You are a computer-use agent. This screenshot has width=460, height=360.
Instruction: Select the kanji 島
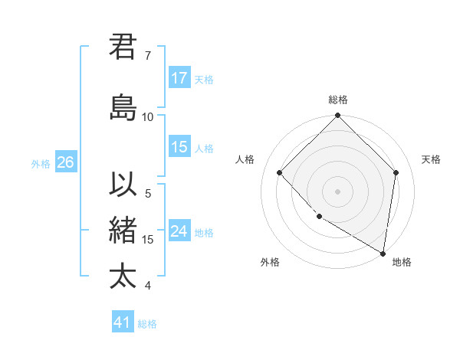click(123, 107)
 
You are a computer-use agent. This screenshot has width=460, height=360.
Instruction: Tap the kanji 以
click(123, 186)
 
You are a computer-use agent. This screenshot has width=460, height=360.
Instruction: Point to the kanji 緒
click(123, 231)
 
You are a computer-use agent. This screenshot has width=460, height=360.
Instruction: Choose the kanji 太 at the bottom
click(123, 276)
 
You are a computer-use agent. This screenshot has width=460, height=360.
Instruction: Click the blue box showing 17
click(179, 78)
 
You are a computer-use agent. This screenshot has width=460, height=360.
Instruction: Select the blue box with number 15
click(179, 148)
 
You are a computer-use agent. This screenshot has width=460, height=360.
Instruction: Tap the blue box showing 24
click(179, 231)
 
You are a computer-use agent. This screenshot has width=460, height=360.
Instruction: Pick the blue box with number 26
click(65, 162)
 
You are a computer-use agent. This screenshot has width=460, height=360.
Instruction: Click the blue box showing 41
click(123, 322)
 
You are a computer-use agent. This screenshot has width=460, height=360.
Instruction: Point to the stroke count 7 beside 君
click(148, 56)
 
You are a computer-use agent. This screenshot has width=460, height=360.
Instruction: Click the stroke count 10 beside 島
click(148, 117)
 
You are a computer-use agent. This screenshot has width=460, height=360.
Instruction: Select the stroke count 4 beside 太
click(148, 286)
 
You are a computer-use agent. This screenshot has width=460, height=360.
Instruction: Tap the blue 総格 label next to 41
click(147, 324)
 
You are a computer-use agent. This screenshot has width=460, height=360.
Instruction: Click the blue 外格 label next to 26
click(41, 163)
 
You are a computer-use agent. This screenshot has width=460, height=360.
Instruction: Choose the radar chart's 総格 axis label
click(337, 100)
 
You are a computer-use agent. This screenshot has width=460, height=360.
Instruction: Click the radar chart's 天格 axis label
click(431, 159)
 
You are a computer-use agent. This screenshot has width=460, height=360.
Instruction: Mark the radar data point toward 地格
click(383, 253)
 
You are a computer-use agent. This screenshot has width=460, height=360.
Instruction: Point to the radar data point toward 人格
click(280, 173)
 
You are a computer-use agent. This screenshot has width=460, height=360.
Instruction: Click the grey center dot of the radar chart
click(337, 191)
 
